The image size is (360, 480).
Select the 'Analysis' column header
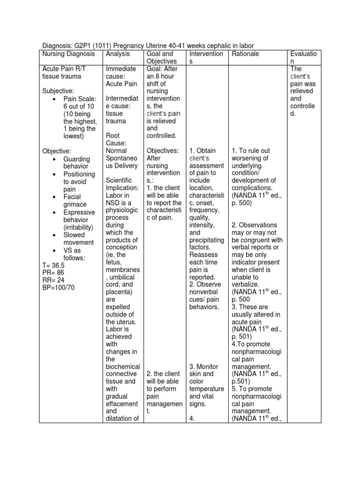pos(118,54)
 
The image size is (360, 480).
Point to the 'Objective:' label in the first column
pos(57,151)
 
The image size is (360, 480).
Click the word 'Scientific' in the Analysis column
pos(120,180)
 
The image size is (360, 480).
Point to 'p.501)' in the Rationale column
pos(241,381)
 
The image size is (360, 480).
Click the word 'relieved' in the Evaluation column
pos(301,91)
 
